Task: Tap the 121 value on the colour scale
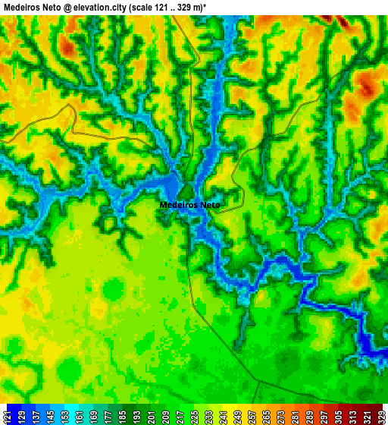tap(8, 417)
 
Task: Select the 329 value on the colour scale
tap(380, 417)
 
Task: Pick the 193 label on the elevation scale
tap(137, 417)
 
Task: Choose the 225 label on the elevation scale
tap(195, 417)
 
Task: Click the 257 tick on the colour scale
tap(252, 417)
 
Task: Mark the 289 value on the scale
tap(309, 417)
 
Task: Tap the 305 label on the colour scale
tap(338, 417)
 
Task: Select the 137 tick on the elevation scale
tap(36, 417)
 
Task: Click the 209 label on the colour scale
tap(166, 417)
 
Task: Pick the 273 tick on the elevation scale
tap(280, 417)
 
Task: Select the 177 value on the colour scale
tap(108, 417)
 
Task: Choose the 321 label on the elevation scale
tap(366, 417)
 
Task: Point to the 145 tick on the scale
tap(51, 417)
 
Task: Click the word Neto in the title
tap(51, 6)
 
